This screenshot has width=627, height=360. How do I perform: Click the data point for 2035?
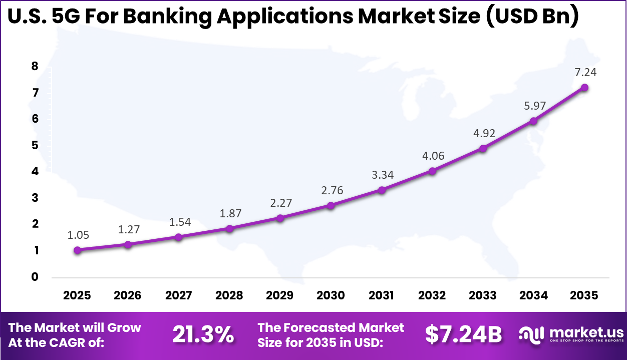tap(584, 88)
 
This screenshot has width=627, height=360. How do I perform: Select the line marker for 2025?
tap(77, 250)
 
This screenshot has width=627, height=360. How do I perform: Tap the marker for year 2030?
tap(331, 205)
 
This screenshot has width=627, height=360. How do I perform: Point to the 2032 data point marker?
tap(432, 171)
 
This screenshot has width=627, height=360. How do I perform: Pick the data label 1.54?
tap(179, 222)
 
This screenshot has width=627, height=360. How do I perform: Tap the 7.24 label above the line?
tap(585, 73)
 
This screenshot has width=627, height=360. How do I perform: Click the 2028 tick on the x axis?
tap(229, 295)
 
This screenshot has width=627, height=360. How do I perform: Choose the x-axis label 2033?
tap(483, 295)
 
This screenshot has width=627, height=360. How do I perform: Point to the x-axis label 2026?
tap(128, 295)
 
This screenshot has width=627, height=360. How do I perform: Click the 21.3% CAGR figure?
tap(203, 334)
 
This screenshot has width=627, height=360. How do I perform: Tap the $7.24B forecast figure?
tap(463, 334)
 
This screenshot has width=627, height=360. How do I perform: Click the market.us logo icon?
tap(531, 334)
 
